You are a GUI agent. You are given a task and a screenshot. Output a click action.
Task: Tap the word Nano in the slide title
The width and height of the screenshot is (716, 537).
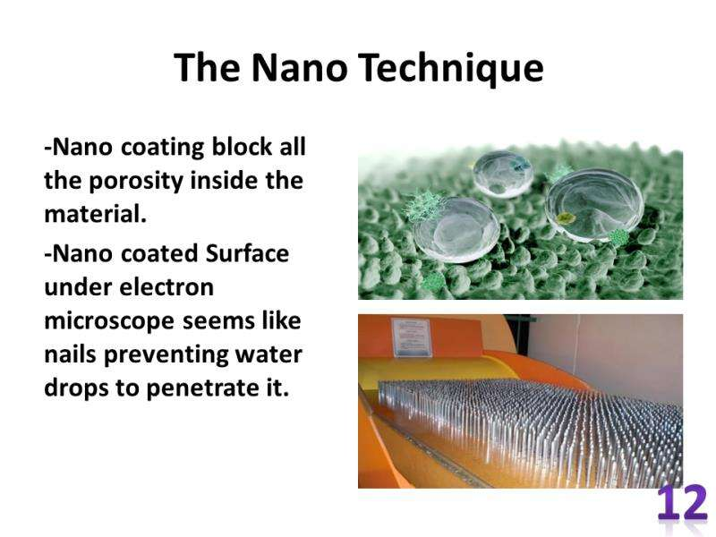coord(299,68)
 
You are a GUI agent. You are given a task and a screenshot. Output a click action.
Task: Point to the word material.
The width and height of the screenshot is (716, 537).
coord(96,214)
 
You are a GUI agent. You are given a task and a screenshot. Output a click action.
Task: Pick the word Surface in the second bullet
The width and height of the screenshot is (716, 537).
coord(247,253)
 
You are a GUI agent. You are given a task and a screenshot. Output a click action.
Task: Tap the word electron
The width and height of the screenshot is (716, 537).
coord(166,287)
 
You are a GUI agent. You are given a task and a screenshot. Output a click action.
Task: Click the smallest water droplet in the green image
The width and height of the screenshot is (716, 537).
coord(503,174)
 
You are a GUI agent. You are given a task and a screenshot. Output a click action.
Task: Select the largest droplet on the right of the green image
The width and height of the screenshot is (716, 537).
coord(594,205)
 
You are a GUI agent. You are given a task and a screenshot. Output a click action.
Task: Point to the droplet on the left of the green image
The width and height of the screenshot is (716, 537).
coord(456,230)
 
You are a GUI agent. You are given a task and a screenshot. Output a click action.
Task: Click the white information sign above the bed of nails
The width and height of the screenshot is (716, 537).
coord(411,337)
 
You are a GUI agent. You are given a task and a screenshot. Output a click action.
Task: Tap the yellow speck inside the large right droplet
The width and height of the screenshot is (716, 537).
coord(567,217)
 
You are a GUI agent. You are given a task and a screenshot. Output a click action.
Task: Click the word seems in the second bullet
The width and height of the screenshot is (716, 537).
coord(218,321)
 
